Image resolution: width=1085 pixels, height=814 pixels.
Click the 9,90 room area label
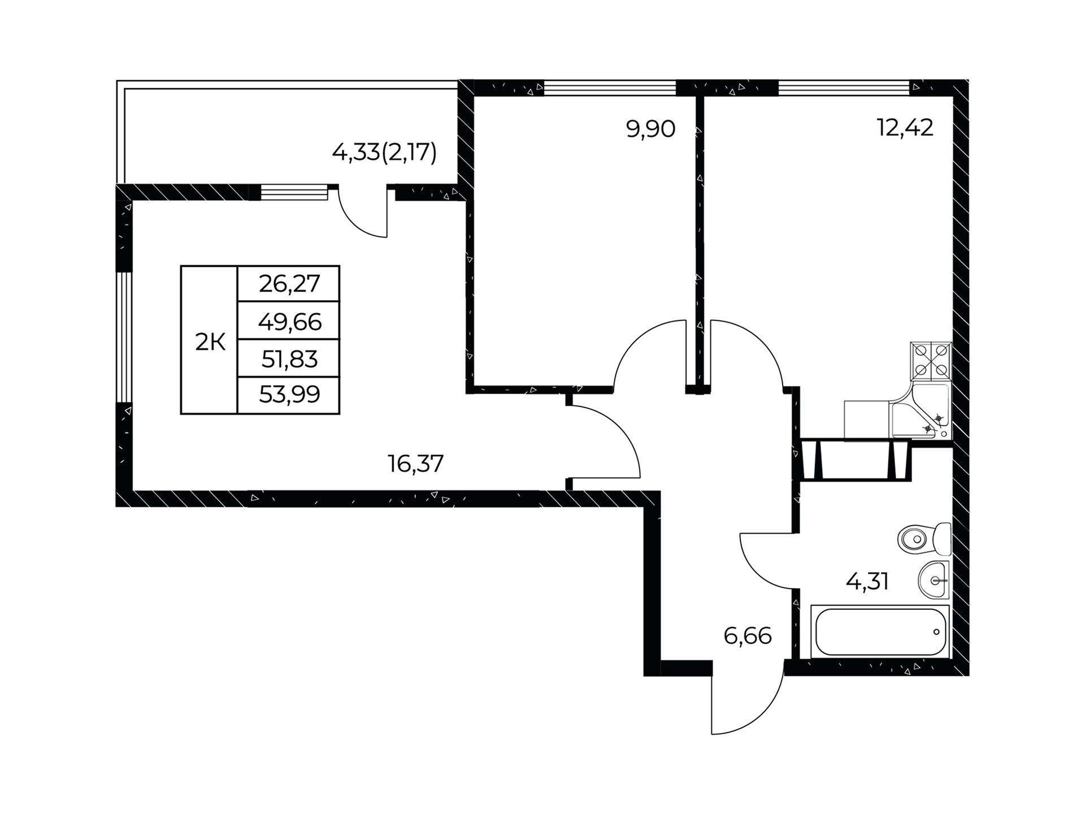click(x=650, y=129)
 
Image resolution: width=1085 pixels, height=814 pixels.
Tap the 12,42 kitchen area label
click(x=905, y=128)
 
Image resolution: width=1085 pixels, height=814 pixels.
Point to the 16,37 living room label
click(x=415, y=464)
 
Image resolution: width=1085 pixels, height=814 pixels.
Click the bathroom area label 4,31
click(x=867, y=581)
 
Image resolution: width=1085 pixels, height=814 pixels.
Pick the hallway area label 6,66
click(x=747, y=637)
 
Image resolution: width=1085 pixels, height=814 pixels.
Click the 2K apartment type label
click(x=210, y=342)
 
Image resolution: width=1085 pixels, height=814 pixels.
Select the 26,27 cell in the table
click(x=289, y=284)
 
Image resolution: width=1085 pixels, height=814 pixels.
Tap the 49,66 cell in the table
click(x=289, y=322)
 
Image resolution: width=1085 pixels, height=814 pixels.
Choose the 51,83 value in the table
click(x=289, y=359)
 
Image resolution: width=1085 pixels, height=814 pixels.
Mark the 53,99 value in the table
click(x=289, y=394)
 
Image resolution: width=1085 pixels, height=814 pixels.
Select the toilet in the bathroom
click(x=925, y=539)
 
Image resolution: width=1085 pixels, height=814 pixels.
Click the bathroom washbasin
click(x=935, y=580)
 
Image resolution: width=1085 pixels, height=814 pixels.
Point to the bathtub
click(x=880, y=632)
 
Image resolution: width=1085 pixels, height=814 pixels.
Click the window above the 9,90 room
click(x=610, y=88)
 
